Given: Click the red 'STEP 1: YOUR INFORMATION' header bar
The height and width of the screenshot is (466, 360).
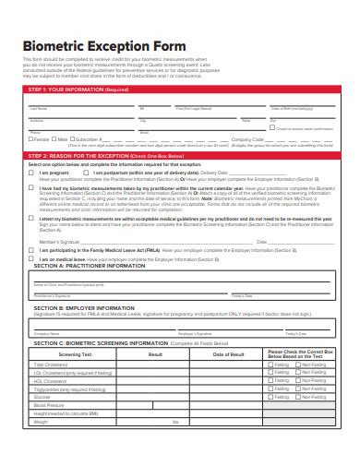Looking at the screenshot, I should [179, 90].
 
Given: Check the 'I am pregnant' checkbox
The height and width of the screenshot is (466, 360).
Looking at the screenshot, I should [31, 173].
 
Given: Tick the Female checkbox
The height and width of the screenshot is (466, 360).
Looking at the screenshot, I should [31, 139].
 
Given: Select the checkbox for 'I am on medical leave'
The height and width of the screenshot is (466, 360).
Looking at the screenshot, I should [31, 260].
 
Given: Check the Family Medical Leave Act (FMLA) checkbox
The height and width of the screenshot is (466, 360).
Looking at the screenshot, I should [31, 250].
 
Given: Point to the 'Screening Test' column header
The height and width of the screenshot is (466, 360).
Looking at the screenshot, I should [74, 354].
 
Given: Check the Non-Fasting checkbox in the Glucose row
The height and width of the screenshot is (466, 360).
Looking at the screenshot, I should [299, 398].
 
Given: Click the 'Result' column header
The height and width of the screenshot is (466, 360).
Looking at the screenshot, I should [155, 354].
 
